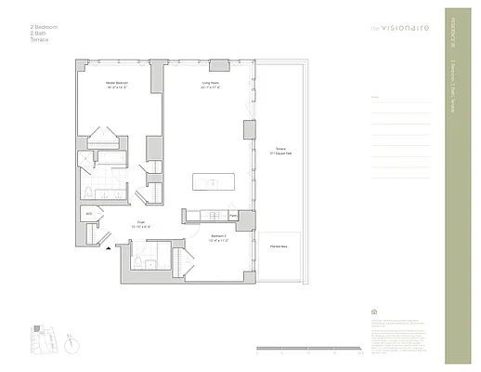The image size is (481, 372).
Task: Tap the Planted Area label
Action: [x=278, y=246]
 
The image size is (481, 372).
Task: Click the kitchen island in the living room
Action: [x=212, y=182]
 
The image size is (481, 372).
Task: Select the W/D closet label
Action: [x=89, y=214]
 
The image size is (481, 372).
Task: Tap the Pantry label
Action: [x=233, y=216]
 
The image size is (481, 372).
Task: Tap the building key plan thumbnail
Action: [x=41, y=338]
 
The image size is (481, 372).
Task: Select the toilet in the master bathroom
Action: [x=86, y=191]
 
